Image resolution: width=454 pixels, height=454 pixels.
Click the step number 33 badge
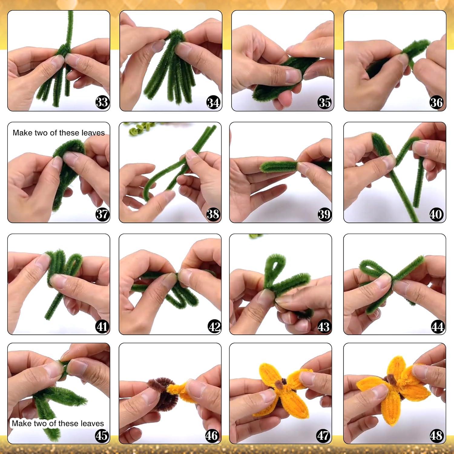102,102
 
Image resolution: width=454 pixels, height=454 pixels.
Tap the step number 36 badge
436,103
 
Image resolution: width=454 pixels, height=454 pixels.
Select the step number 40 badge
436,214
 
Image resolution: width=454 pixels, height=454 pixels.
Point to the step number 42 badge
215,327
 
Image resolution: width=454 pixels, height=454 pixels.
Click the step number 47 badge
323,436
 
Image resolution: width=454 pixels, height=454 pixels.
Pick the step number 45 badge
102,436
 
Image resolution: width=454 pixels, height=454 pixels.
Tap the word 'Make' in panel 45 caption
22,423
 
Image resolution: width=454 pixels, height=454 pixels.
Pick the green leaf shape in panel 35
278,79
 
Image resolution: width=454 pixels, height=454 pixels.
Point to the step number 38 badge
213,214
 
